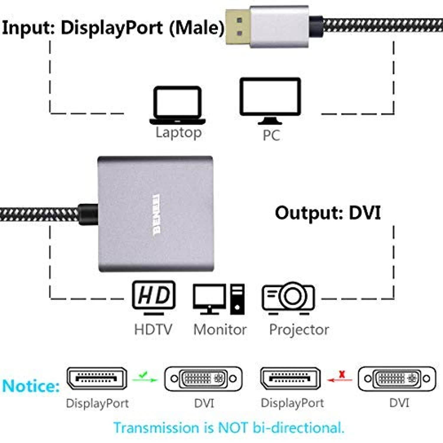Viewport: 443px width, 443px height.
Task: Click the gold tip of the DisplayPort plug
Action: tap(238, 27)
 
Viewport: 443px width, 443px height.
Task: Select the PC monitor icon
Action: tap(270, 100)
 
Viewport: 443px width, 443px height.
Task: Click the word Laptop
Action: tap(178, 133)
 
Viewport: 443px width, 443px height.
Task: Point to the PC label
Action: tap(271, 135)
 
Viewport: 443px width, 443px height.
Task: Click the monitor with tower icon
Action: tap(219, 298)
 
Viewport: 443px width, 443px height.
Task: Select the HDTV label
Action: tap(153, 329)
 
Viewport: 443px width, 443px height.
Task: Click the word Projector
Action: tap(299, 329)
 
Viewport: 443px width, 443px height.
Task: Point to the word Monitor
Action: tap(220, 329)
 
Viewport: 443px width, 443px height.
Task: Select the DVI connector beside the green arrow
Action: tap(203, 379)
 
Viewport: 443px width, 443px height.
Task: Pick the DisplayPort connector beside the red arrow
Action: tap(290, 379)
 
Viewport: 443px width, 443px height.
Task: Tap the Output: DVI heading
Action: tap(328, 213)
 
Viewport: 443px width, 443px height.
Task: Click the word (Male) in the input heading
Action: tap(196, 28)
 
